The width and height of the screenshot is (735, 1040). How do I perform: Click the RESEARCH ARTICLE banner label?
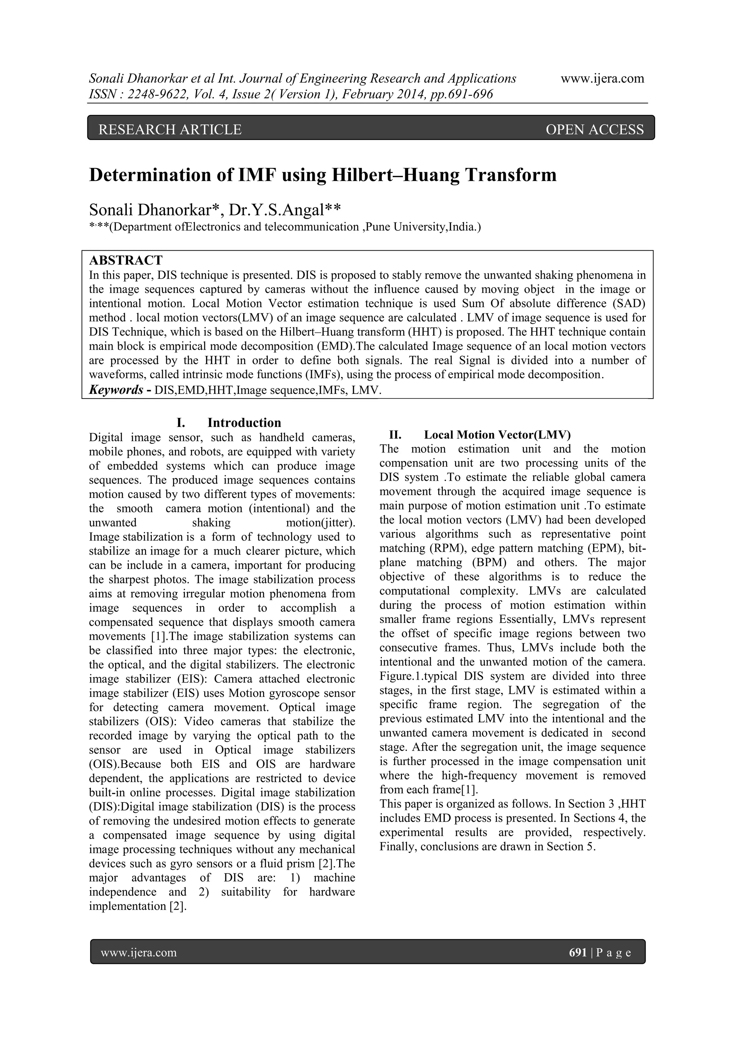click(170, 130)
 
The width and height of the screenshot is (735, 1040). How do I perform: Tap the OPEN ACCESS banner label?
click(595, 130)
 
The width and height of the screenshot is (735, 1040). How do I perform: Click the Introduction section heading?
click(244, 423)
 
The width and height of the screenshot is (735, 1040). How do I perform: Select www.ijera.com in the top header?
click(602, 79)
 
